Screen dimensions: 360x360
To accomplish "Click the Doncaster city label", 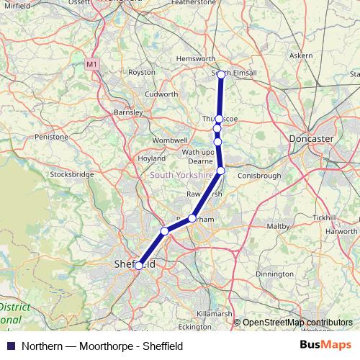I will coord(310,138).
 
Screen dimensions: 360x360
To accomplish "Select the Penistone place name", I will coord(53,136).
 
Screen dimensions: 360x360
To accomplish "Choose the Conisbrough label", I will coord(257,174).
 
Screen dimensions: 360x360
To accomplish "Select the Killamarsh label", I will coord(217,315).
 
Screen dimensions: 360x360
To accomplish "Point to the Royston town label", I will coord(142,72).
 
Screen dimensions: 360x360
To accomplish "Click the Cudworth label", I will coord(161,94).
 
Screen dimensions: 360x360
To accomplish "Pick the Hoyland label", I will coord(151,158).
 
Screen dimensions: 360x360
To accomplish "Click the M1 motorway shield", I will coord(91,64).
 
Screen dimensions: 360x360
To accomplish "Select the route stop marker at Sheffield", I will coord(138,266).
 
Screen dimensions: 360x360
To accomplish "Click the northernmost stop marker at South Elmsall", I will coord(221,73).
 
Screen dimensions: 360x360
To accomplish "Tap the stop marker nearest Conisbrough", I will coord(221,171).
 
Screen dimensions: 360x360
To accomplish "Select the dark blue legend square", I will coord(10,346).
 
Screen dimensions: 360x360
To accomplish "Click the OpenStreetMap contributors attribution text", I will coord(297,323).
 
